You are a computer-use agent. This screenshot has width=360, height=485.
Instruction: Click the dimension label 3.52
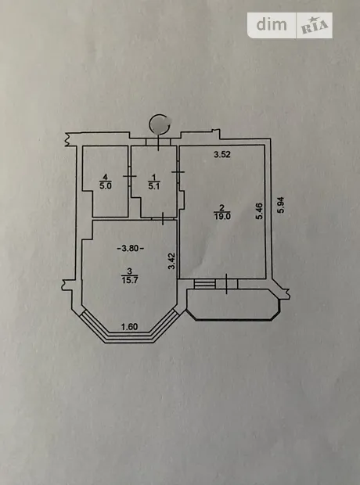click(222, 154)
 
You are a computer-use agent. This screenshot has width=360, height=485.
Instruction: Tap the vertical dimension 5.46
click(259, 211)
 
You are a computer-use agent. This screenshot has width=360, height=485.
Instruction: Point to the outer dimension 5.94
click(281, 205)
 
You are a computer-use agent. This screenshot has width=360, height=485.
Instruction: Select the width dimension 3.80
click(131, 248)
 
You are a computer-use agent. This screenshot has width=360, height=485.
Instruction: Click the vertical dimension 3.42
click(172, 261)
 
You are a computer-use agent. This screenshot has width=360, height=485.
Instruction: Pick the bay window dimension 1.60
click(129, 327)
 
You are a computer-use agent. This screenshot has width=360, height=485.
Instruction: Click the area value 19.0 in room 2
click(222, 217)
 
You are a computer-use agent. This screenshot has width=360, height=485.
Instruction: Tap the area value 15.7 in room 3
click(129, 280)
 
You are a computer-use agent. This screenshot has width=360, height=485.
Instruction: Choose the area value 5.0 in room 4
click(105, 186)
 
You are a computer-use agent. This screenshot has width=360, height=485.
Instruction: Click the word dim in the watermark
click(272, 24)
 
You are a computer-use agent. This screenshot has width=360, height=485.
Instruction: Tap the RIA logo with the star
click(315, 27)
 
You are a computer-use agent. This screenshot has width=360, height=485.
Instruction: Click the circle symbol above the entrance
click(160, 124)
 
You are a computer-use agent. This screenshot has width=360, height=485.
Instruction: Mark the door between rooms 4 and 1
click(130, 176)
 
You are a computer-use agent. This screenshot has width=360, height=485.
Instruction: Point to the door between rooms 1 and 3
click(163, 218)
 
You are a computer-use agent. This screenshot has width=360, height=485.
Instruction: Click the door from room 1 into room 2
click(178, 171)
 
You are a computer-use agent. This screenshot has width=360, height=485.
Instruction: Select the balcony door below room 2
click(227, 284)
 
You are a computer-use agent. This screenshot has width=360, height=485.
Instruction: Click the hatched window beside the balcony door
click(204, 284)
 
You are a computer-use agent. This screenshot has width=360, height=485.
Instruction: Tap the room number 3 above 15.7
click(129, 271)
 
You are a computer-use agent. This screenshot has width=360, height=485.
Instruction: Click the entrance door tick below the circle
click(158, 142)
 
